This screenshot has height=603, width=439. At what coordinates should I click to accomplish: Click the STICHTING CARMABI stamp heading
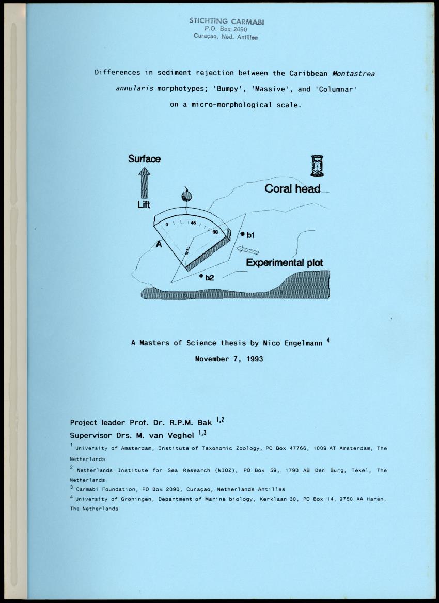[219, 21]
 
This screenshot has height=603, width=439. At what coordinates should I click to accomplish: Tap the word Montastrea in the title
[354, 73]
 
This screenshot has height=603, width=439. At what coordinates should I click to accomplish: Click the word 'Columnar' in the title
[337, 89]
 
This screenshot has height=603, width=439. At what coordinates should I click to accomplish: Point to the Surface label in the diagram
[144, 159]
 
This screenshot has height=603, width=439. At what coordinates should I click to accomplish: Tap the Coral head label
[292, 189]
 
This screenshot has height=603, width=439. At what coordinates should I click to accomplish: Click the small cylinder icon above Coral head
[317, 166]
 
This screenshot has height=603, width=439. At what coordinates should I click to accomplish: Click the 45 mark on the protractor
[193, 223]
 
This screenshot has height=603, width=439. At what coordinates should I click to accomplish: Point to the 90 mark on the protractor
[215, 233]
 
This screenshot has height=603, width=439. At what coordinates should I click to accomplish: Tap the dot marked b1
[242, 234]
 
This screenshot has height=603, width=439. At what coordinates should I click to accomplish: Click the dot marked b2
[201, 276]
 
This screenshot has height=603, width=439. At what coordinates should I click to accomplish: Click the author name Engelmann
[301, 343]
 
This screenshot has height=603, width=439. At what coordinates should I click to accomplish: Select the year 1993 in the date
[253, 359]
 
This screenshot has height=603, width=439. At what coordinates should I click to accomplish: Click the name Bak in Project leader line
[205, 422]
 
